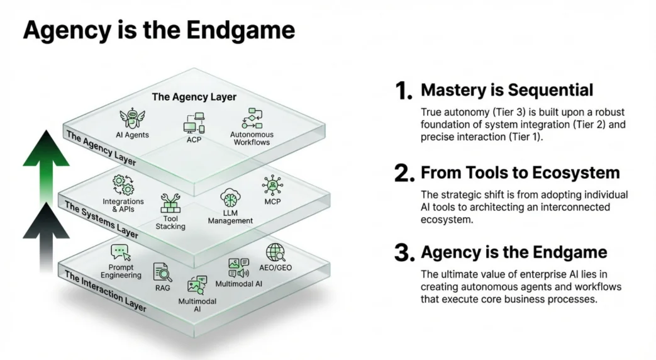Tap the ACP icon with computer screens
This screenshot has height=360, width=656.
point(194,122)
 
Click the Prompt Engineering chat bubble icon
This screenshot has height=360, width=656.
point(121,253)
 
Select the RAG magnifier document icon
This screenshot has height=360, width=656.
point(163,272)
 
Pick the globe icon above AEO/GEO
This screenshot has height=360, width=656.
point(275,253)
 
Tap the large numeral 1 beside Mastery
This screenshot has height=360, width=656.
point(404,91)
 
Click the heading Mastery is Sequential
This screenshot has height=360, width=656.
point(506,90)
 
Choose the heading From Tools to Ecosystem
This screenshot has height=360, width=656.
point(520,172)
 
